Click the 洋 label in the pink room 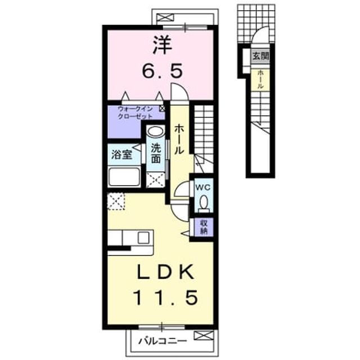(163, 44)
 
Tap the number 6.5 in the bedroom (163, 70)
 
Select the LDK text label (165, 272)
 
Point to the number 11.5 (165, 298)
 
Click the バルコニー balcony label (163, 341)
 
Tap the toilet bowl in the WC (204, 202)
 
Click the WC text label (202, 187)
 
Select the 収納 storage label (204, 227)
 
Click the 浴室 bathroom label (121, 155)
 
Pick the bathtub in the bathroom (124, 177)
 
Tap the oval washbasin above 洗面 (155, 132)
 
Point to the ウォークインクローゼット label (136, 112)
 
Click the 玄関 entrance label (261, 56)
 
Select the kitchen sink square (143, 237)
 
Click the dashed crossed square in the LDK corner (116, 201)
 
